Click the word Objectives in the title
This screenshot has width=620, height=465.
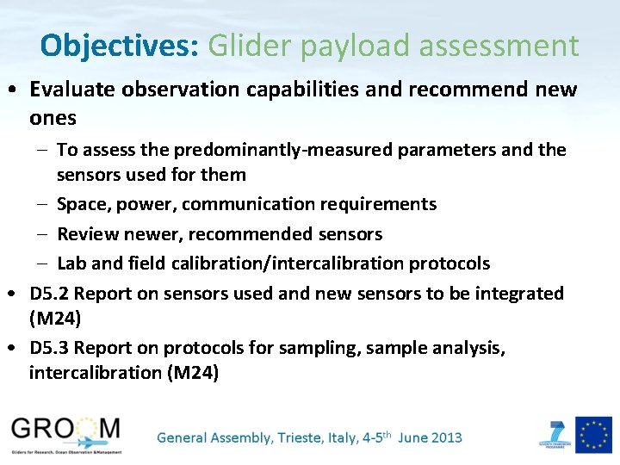point(119,46)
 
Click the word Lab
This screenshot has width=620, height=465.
point(71,263)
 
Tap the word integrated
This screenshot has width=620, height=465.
point(519,293)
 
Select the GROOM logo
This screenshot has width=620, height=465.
point(66,433)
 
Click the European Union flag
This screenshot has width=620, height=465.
point(593,434)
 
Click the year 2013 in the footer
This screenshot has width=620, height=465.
point(443,437)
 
